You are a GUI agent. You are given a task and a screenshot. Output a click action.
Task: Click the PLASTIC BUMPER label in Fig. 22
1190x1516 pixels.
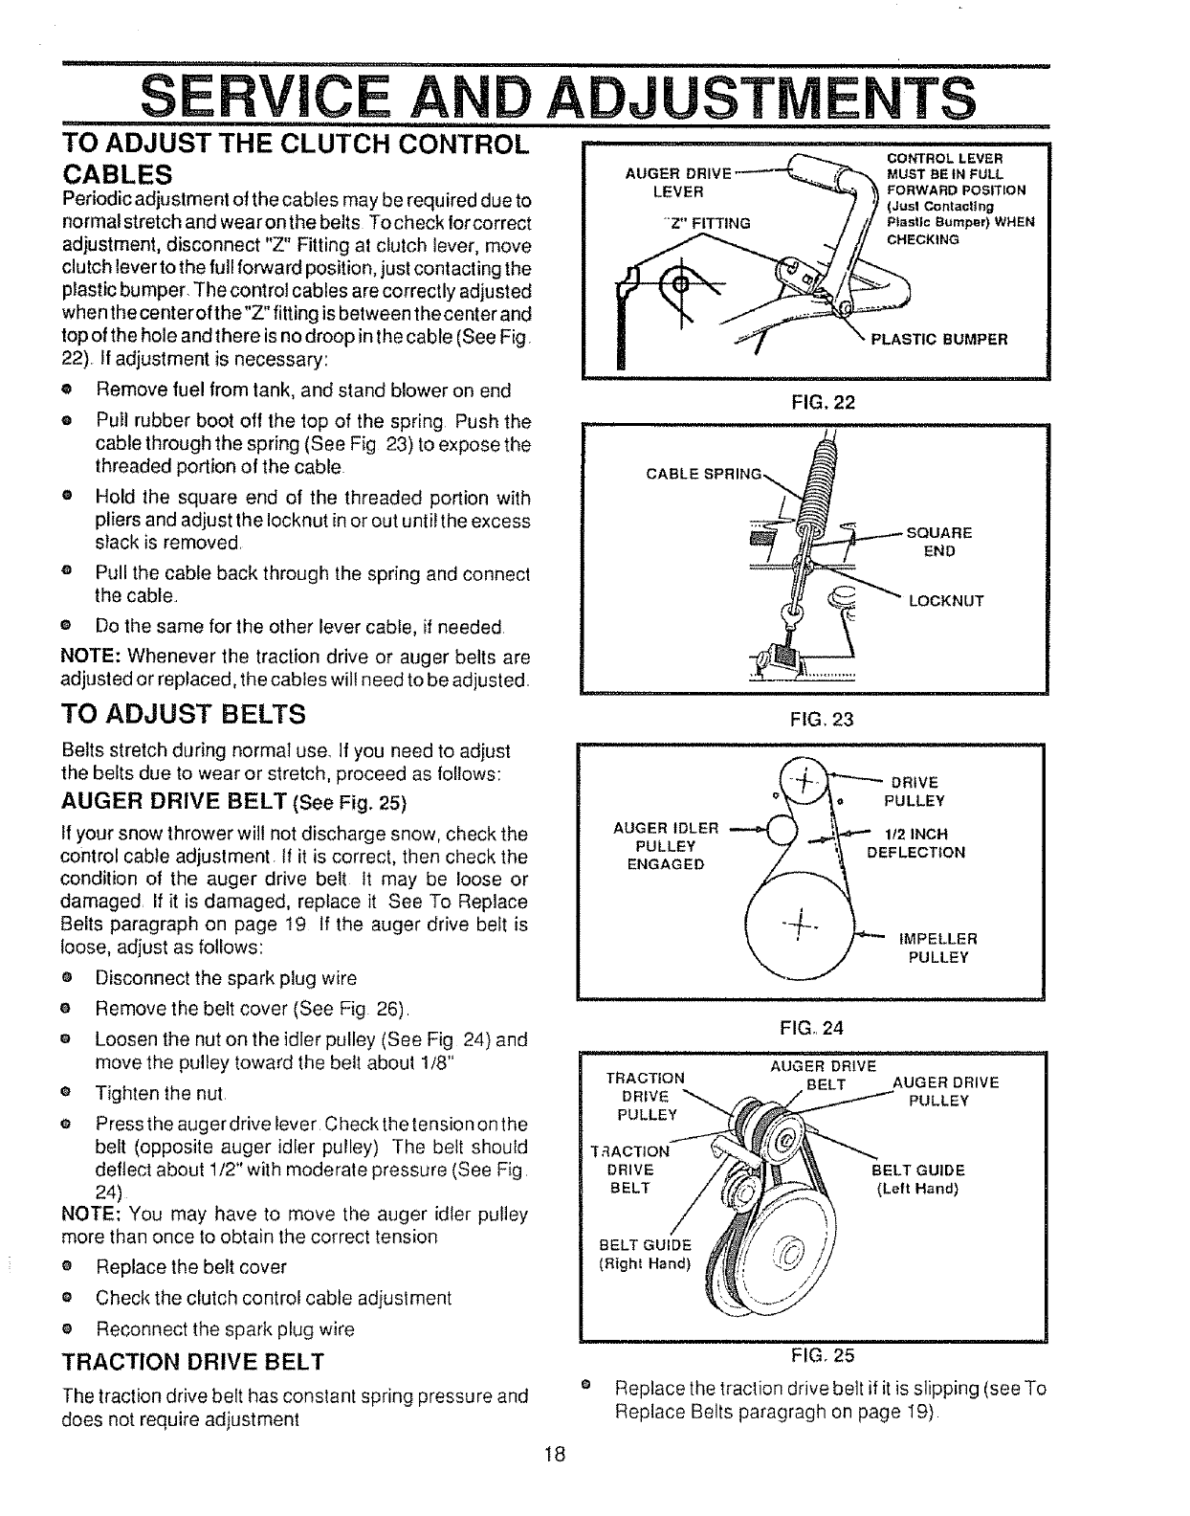click(x=938, y=338)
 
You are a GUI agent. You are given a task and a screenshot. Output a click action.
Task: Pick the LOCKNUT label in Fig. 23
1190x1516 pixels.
click(x=945, y=601)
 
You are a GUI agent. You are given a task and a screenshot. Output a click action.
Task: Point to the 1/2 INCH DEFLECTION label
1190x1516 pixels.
click(x=915, y=842)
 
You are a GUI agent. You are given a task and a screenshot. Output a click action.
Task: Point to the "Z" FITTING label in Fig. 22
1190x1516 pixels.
click(x=706, y=224)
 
